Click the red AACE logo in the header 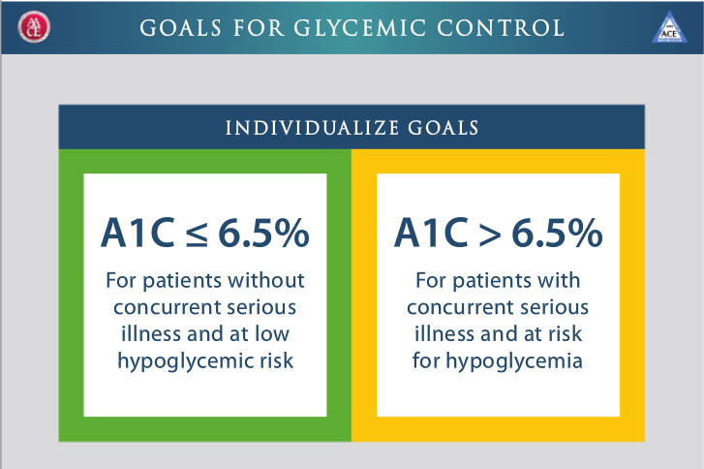34,27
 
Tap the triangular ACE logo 669,27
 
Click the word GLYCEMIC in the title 359,28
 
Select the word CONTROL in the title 501,28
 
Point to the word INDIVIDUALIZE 312,128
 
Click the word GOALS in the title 180,28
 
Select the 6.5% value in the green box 264,233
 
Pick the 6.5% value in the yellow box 557,233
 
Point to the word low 272,333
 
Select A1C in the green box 138,233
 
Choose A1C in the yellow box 432,233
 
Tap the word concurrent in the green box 167,308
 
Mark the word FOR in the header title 259,28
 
